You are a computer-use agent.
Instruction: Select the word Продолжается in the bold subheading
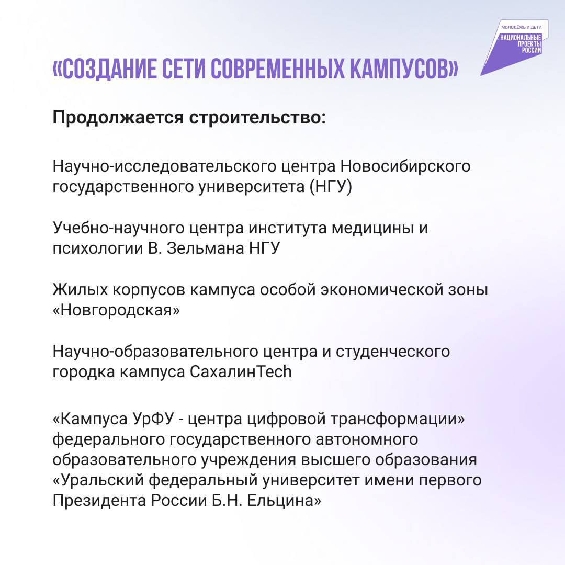coord(118,118)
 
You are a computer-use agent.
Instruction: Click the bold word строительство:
coord(257,118)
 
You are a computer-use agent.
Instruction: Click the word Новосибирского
coord(405,166)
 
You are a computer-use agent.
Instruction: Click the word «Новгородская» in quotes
coord(116,310)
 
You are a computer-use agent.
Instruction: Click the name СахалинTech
coord(240,371)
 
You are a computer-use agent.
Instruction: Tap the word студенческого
coord(393,352)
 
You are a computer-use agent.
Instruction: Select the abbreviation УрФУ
coord(153,419)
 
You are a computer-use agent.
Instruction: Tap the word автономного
coord(367,439)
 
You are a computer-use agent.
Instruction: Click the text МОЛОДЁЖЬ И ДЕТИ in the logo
coord(521,27)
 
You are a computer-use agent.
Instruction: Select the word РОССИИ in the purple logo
coord(532,50)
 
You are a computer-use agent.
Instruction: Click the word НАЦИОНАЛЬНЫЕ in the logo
coord(521,38)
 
